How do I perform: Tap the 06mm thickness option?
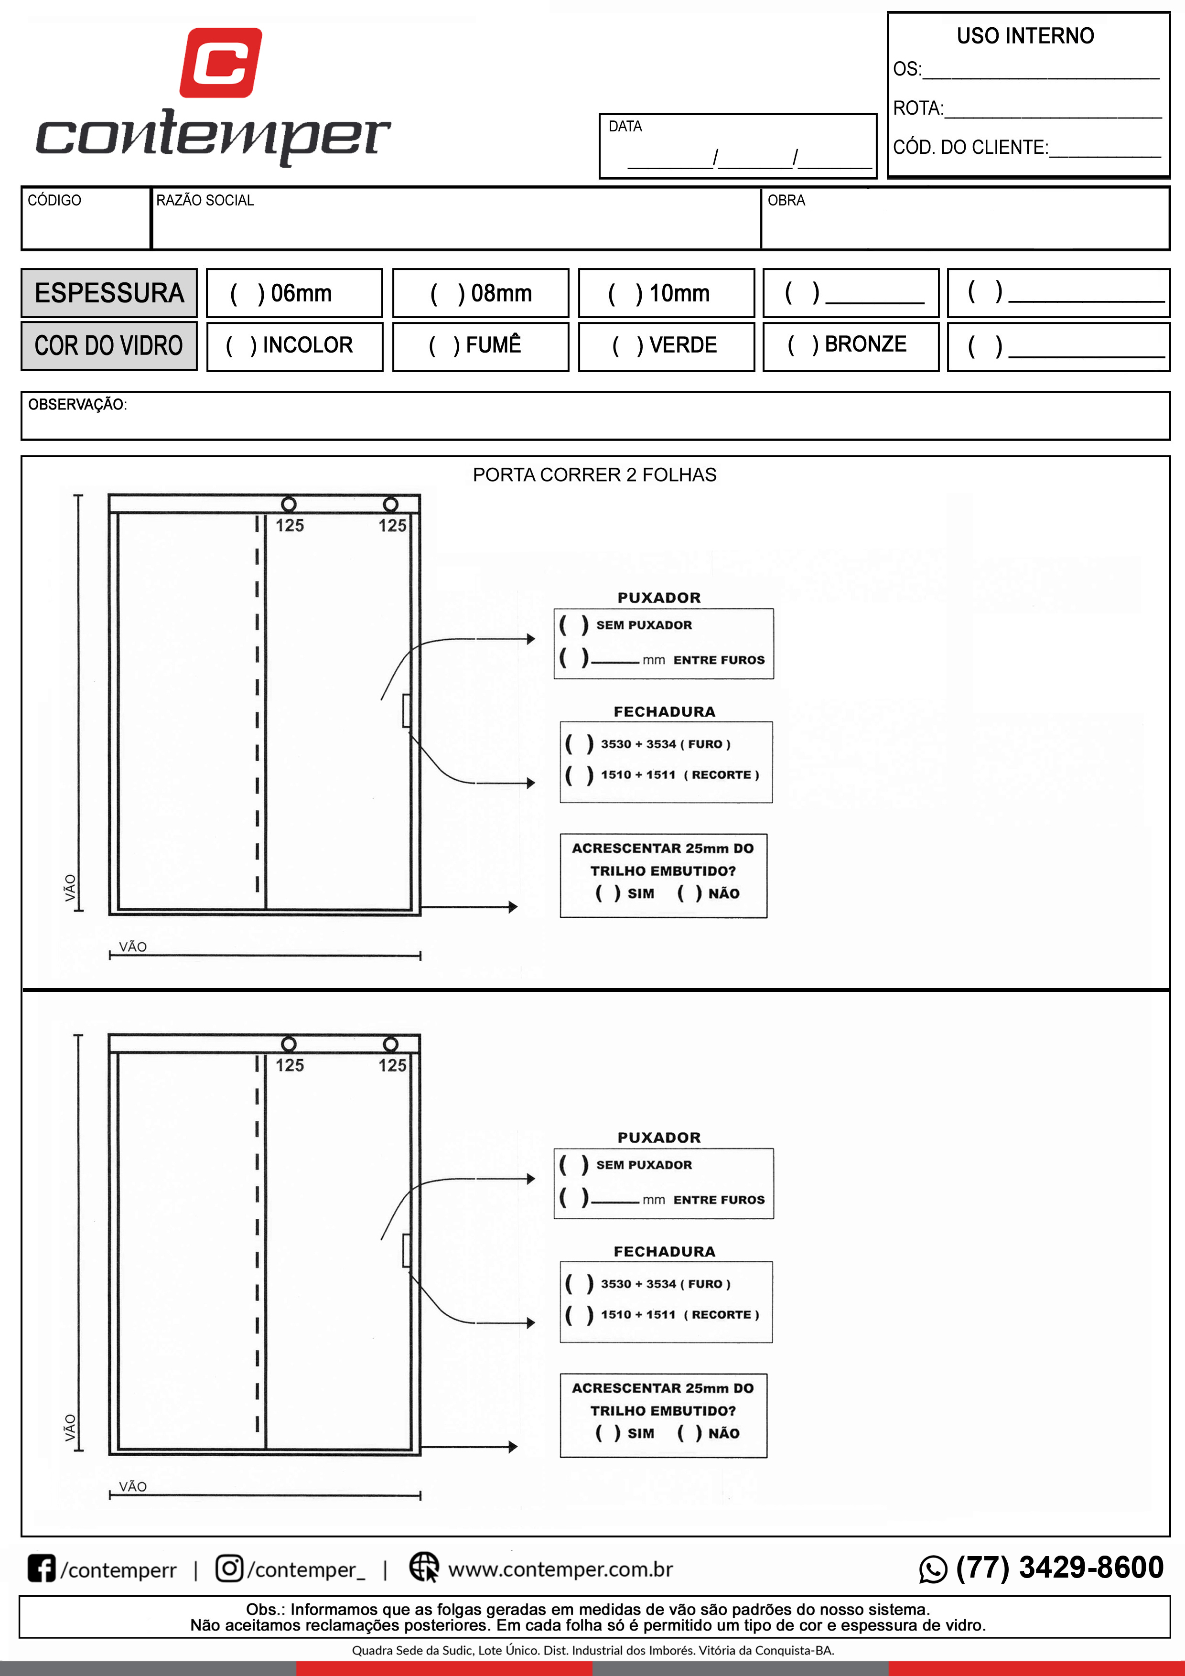point(281,293)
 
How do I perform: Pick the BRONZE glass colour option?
point(847,344)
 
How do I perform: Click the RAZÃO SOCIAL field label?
point(205,200)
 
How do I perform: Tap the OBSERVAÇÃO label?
point(77,404)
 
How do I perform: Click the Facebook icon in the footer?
point(42,1568)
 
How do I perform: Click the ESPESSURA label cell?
point(109,293)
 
